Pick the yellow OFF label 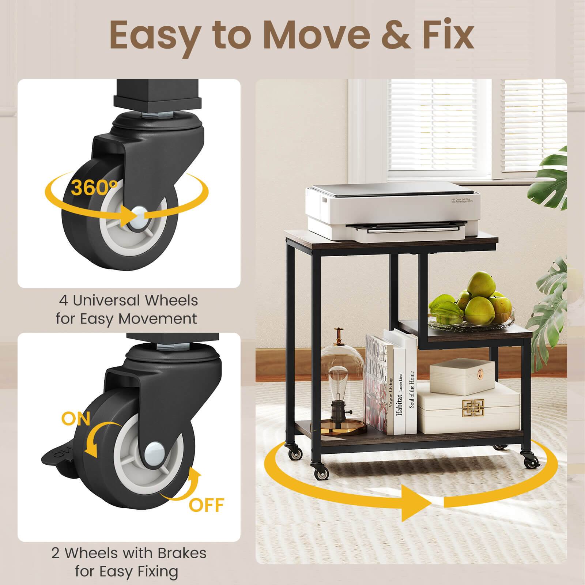click(206, 505)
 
